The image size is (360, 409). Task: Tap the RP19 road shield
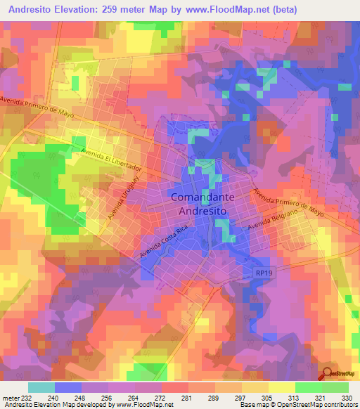pyautogui.click(x=262, y=271)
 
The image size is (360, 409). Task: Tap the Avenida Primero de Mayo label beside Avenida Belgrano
pyautogui.click(x=288, y=202)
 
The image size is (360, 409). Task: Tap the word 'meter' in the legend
pyautogui.click(x=10, y=398)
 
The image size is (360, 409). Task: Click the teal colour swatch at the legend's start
pyautogui.click(x=41, y=387)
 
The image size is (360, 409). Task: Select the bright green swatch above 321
pyautogui.click(x=309, y=387)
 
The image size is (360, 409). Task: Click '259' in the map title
pyautogui.click(x=124, y=9)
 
